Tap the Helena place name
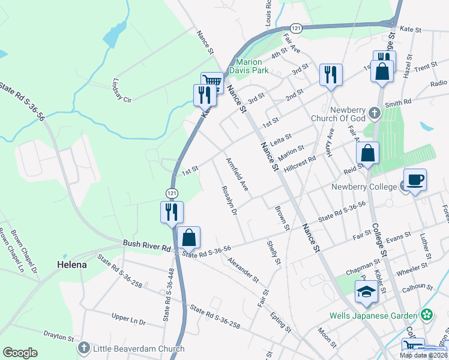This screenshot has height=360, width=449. pos(71,264)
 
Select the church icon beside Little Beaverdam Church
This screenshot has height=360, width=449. pos(83,347)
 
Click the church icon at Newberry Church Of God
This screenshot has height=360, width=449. pos(375,113)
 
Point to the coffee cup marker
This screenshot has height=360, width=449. pos(414,179)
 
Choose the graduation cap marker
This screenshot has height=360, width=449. pos(366,292)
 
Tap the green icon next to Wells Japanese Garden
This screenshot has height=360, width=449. pos(427,315)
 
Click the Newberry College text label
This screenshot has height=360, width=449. pos(364,187)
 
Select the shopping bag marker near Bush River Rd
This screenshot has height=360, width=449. pos(188,238)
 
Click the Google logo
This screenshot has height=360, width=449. pos(20,353)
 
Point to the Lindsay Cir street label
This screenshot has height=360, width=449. pos(122,89)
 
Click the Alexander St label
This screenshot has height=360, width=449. pos(243,271)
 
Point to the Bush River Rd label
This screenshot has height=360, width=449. pos(146,244)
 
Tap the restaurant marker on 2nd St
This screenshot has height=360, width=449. pos(330,75)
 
